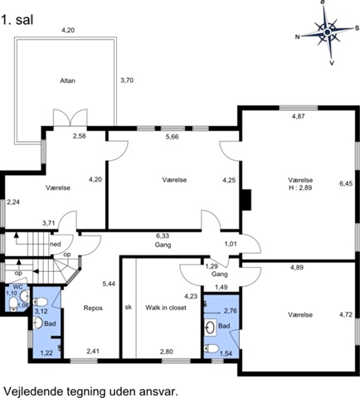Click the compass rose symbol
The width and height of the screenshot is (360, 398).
tap(328, 32)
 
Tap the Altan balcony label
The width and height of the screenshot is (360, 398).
tap(68, 80)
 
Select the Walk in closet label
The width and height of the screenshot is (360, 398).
tap(166, 308)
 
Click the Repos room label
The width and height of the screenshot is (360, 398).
tap(93, 308)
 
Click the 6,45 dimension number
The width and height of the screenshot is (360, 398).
tap(346, 183)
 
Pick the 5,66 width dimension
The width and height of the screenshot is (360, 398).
tap(173, 137)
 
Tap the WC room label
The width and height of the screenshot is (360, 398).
tap(18, 287)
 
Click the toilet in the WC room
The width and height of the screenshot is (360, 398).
tap(13, 304)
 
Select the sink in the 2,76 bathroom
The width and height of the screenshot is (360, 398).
tap(211, 328)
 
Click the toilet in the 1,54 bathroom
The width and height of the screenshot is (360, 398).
tap(212, 348)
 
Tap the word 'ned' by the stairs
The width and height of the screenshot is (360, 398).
tap(56, 245)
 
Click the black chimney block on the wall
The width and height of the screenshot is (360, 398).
tap(246, 200)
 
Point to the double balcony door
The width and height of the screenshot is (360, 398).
tap(71, 118)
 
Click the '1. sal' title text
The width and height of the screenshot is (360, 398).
tap(17, 20)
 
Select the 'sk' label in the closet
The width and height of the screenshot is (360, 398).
tap(129, 307)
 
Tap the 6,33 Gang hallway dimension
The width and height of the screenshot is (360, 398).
tap(163, 235)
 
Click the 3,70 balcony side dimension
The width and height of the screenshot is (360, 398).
tap(127, 80)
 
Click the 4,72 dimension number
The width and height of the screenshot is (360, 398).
tap(346, 314)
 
